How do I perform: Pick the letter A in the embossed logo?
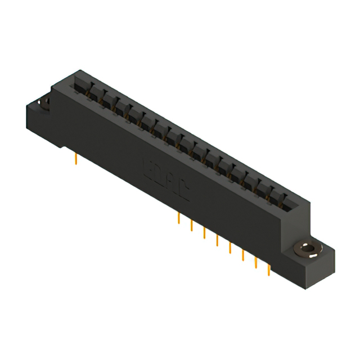[x=171, y=184]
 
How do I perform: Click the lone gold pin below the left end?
[x=76, y=160]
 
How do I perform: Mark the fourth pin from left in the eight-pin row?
[x=217, y=241]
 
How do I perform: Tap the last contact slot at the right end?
[x=286, y=201]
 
